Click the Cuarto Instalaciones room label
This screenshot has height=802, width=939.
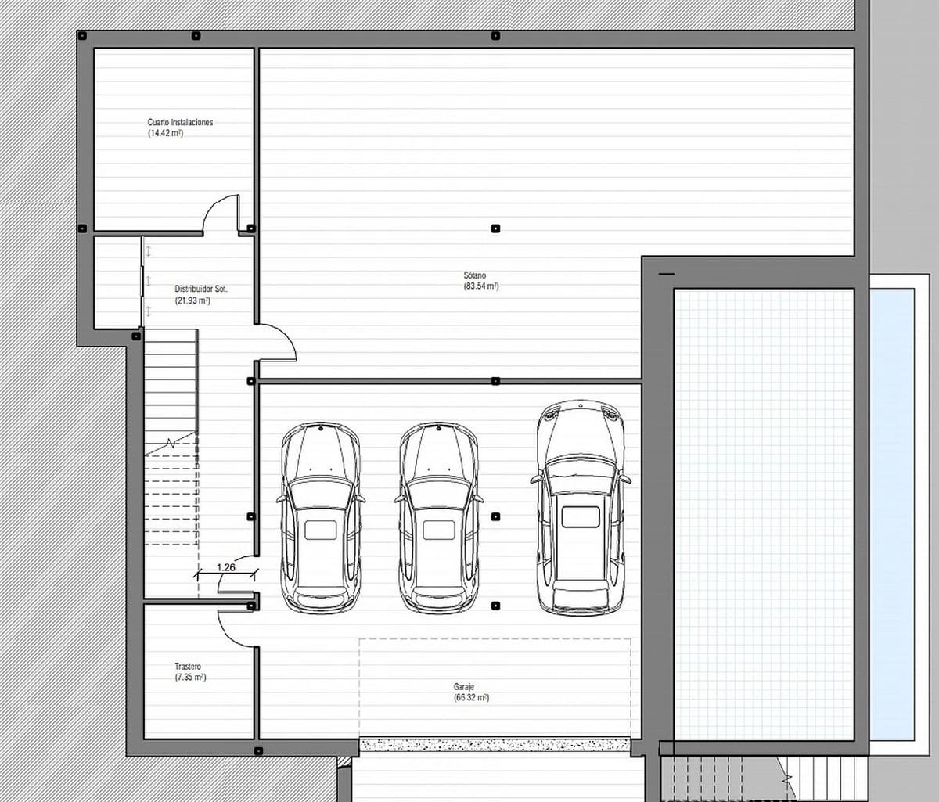click(x=180, y=123)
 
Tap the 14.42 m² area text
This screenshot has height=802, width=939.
click(x=165, y=134)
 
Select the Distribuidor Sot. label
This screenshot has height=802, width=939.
click(x=201, y=289)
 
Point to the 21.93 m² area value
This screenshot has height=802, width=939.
click(x=192, y=300)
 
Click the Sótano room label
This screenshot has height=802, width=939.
click(x=474, y=275)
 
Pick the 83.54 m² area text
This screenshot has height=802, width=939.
click(x=481, y=286)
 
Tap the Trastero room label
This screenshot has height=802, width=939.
click(x=188, y=667)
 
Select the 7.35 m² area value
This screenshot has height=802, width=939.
click(x=191, y=678)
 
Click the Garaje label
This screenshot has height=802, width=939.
click(x=464, y=686)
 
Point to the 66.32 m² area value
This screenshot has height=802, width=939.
click(x=471, y=697)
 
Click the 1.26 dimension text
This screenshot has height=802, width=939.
click(x=225, y=567)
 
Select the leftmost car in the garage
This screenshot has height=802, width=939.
click(x=320, y=517)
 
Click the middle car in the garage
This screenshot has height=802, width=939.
click(x=438, y=517)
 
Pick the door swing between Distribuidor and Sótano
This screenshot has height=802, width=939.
click(x=278, y=343)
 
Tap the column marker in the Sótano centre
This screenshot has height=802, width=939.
click(x=495, y=228)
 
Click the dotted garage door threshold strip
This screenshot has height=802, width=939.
click(x=495, y=744)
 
